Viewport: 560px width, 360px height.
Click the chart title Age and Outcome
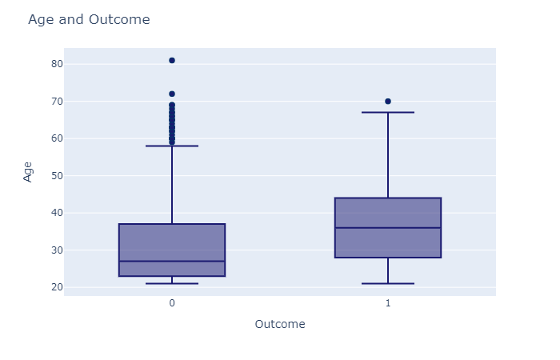(x=89, y=20)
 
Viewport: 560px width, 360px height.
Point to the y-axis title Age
(x=28, y=171)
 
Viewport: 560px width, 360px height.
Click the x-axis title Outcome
(x=279, y=324)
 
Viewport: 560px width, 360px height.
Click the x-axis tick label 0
(x=172, y=304)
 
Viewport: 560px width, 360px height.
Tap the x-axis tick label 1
(x=388, y=304)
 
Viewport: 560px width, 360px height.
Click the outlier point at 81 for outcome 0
(x=172, y=60)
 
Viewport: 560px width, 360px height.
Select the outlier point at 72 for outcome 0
(x=172, y=94)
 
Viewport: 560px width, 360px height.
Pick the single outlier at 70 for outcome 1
(x=388, y=102)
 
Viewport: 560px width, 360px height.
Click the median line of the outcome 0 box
(x=172, y=261)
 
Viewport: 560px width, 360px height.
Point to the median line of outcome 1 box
(x=388, y=228)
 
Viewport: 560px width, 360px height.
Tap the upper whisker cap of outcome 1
(x=388, y=112)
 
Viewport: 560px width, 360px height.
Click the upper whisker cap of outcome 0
(x=172, y=146)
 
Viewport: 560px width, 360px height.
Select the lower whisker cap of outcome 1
(x=388, y=283)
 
